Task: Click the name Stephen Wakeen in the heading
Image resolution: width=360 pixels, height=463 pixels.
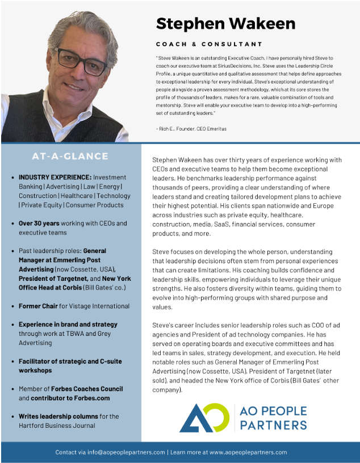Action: point(225,23)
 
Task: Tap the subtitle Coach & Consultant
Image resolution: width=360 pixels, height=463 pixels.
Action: point(209,44)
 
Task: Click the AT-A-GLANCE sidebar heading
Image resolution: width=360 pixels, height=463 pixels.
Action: point(70,156)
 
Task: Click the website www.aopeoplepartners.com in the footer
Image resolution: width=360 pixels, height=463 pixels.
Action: point(248,452)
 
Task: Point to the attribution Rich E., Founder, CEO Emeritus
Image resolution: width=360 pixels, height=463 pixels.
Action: point(191,129)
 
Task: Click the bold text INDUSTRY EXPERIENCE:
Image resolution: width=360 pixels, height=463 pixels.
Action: point(55,178)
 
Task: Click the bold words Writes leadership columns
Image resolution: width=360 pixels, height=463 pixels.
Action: point(58,416)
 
